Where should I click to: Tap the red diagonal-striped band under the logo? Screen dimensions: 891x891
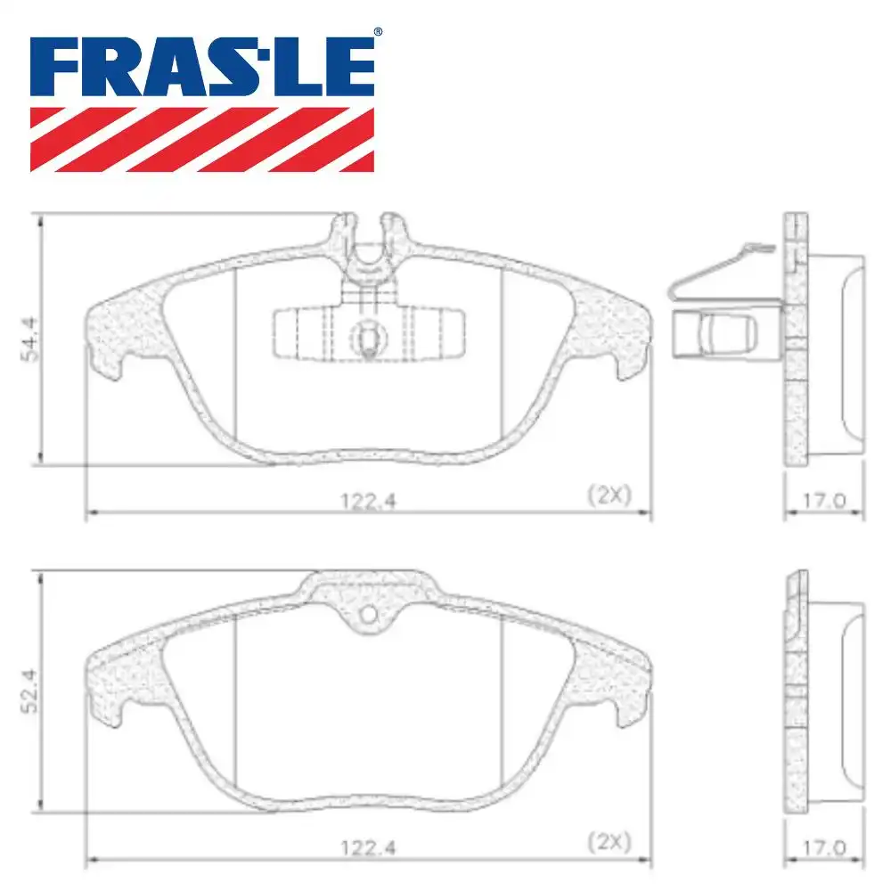202,139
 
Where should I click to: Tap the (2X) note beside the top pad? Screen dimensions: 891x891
609,495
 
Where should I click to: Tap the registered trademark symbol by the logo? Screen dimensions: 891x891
378,32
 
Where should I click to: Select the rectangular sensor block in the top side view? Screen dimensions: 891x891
713,335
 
